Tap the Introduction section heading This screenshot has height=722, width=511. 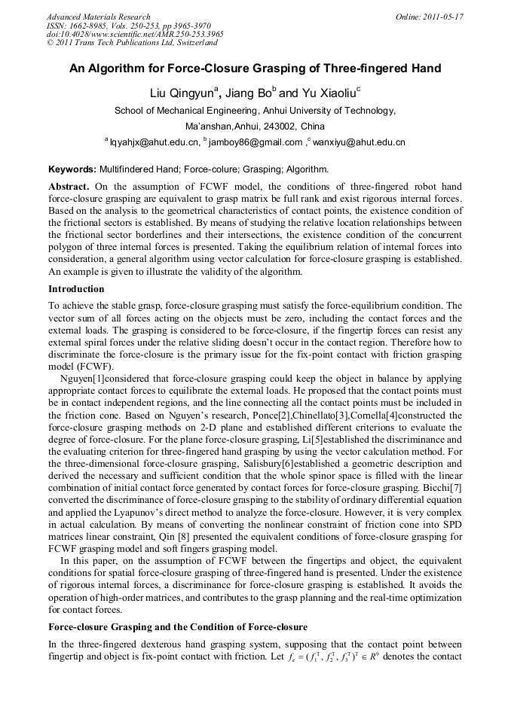pos(76,289)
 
